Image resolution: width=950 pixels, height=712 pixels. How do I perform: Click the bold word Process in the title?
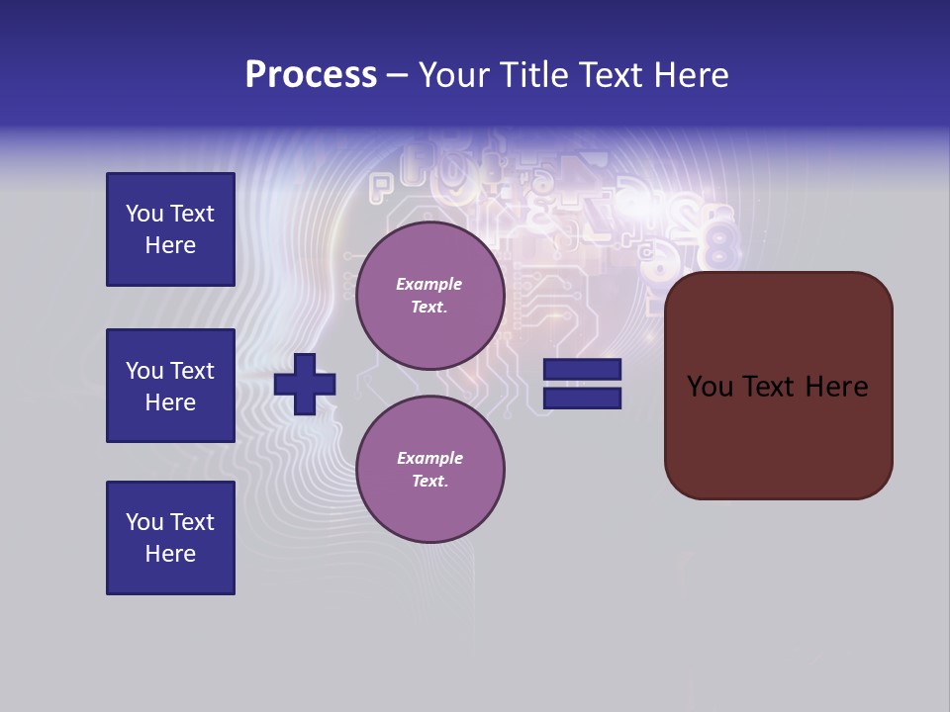[311, 75]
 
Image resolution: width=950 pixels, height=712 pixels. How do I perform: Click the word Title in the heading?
[529, 75]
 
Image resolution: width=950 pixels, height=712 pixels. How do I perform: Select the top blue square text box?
[170, 229]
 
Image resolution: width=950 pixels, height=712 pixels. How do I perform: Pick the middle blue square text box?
[170, 386]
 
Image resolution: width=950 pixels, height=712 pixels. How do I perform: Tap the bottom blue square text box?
[170, 538]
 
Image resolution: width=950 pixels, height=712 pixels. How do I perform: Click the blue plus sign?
[305, 384]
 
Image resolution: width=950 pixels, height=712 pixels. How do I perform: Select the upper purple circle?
[429, 296]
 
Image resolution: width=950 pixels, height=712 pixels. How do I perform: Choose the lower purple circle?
[429, 470]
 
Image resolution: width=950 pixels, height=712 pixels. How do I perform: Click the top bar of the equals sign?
[582, 370]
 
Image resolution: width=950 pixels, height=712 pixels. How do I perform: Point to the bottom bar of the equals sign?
[582, 399]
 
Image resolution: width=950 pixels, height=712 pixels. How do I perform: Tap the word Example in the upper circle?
[429, 284]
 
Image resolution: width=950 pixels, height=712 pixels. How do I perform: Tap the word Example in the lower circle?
[429, 458]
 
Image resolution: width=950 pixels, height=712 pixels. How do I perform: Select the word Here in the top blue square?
[170, 245]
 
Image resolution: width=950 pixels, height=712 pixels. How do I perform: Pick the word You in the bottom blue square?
[144, 522]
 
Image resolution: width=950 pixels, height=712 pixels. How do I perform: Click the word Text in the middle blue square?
[192, 371]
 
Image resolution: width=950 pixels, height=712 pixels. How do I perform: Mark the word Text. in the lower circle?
[429, 482]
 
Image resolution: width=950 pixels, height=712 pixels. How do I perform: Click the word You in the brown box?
[710, 387]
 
